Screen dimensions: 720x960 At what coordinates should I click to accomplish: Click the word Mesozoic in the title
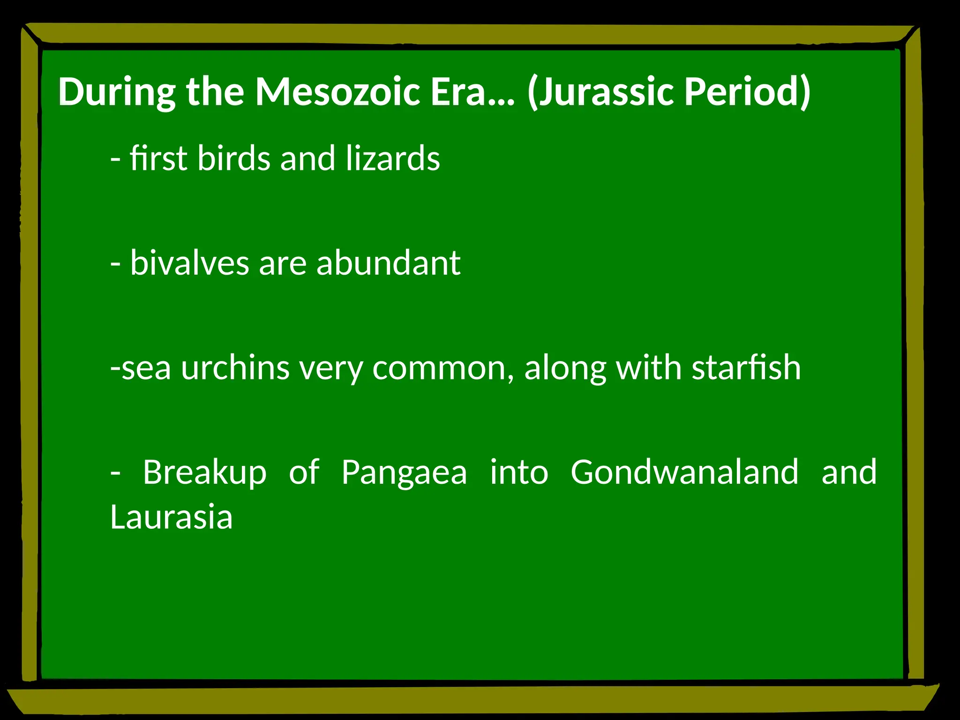tap(337, 91)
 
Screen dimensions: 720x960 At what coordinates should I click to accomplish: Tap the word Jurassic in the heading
tap(604, 91)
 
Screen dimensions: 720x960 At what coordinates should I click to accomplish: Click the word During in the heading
tap(117, 91)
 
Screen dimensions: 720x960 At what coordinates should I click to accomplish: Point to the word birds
tap(233, 158)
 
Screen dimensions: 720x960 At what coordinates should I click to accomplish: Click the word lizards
tap(393, 158)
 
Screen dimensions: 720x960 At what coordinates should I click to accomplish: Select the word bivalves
tap(189, 263)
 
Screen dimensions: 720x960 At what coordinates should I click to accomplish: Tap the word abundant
tap(388, 263)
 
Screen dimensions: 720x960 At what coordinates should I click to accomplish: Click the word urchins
tap(235, 368)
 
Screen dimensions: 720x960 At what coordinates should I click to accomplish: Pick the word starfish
tap(746, 368)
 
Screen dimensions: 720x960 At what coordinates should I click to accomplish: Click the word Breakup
tap(205, 472)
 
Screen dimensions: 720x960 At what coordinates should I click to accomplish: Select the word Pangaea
tap(404, 472)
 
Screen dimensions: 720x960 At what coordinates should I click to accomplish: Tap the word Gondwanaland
tap(684, 472)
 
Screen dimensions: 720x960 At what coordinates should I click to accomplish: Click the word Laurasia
tap(172, 517)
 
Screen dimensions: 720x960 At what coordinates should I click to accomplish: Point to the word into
tap(519, 472)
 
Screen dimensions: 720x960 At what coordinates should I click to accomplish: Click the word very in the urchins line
tap(331, 368)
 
